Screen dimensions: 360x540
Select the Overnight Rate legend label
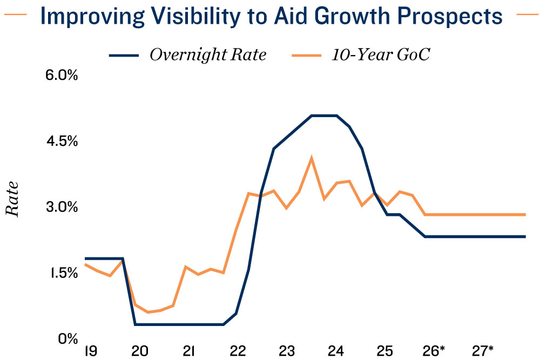208,55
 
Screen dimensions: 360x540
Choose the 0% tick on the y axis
68,339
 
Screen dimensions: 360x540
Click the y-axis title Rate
12,199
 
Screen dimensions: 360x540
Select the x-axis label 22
238,351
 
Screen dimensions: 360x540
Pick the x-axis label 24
336,351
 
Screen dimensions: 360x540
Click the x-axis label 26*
434,351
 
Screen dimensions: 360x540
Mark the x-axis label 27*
483,351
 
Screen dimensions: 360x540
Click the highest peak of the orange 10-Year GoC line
312,158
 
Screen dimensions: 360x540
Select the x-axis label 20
140,351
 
